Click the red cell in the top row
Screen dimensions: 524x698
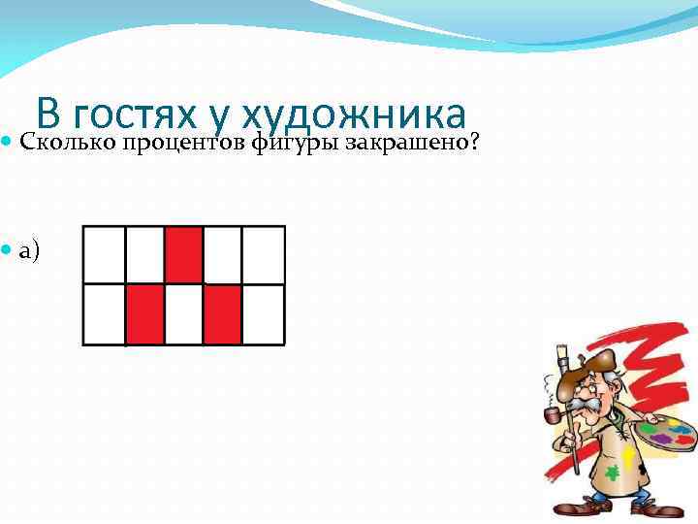point(184,254)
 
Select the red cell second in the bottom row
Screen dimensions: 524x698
point(144,314)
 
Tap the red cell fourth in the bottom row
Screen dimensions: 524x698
point(222,314)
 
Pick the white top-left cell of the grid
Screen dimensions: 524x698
point(105,254)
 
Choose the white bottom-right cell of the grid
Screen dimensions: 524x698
point(263,314)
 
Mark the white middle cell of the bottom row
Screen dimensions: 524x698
point(183,314)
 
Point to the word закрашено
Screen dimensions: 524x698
point(412,144)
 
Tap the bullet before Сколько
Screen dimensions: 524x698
point(8,144)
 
